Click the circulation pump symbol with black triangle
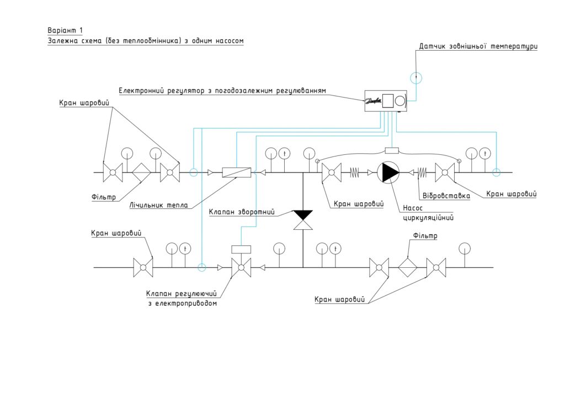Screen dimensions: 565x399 click(x=388, y=172)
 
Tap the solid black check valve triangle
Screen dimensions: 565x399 click(x=303, y=215)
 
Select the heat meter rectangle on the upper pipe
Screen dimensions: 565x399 click(x=236, y=172)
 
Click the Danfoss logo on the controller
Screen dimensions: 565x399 click(x=374, y=101)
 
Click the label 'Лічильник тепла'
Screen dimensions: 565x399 click(x=158, y=206)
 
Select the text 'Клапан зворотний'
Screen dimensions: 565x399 click(x=242, y=212)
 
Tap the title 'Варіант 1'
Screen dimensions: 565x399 click(x=65, y=30)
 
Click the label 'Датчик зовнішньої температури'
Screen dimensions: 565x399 click(x=478, y=46)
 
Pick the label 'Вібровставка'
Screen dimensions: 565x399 click(x=446, y=196)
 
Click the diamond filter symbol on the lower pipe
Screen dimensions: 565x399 click(x=408, y=267)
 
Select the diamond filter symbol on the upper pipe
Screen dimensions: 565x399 click(x=141, y=172)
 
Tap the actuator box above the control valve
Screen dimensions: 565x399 click(x=241, y=249)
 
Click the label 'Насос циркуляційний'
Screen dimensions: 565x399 click(x=428, y=213)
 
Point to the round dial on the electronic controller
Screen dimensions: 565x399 click(x=400, y=101)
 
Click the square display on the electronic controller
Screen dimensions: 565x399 click(x=388, y=101)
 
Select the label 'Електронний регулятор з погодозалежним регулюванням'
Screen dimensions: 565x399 click(x=222, y=91)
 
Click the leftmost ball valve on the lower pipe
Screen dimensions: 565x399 click(x=143, y=267)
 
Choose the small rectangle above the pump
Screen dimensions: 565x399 click(x=392, y=150)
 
